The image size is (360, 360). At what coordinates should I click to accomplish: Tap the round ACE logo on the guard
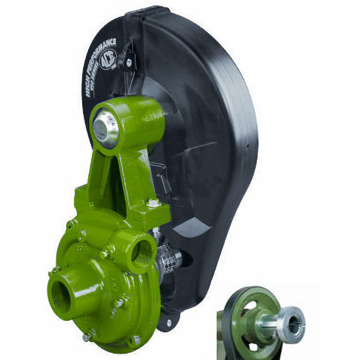tap(108, 60)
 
